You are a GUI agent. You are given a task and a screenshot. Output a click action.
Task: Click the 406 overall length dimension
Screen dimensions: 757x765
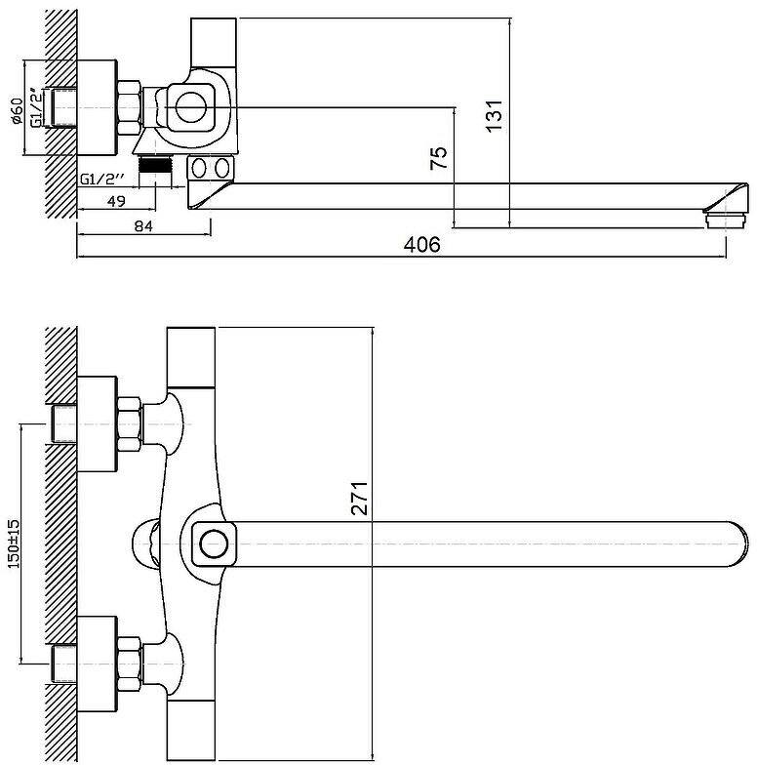tap(422, 245)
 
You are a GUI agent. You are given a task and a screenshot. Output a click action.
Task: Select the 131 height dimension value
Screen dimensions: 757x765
tap(496, 115)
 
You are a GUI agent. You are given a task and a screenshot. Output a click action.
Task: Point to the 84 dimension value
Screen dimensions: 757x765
tap(143, 226)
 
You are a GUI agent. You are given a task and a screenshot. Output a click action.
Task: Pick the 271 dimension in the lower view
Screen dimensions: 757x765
tap(360, 498)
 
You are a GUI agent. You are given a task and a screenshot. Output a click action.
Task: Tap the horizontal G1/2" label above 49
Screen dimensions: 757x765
tap(104, 179)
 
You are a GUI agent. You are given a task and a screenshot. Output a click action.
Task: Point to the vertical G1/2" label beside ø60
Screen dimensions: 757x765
tap(36, 108)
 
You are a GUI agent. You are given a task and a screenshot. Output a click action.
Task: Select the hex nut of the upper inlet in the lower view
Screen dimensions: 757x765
tap(129, 424)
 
